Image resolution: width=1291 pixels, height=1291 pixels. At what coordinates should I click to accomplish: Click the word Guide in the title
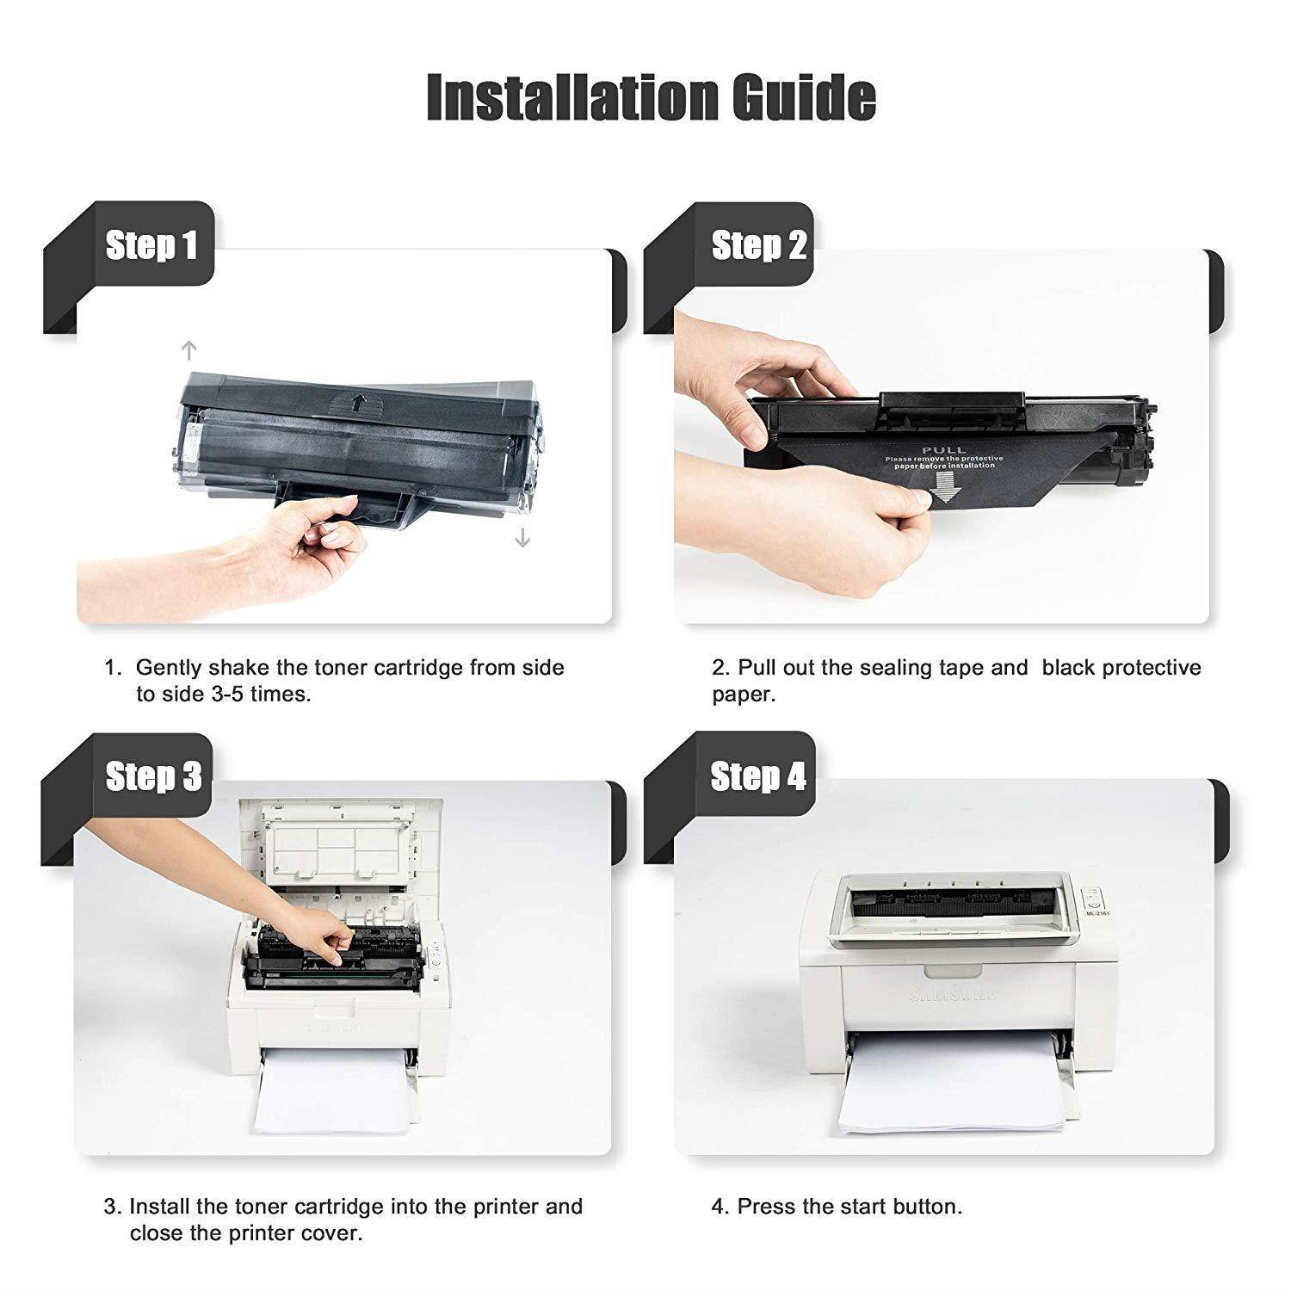click(x=805, y=97)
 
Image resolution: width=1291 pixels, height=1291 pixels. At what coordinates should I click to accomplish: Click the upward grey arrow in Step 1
click(x=189, y=349)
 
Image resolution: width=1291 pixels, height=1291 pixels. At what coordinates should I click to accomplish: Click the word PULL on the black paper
click(x=943, y=450)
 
